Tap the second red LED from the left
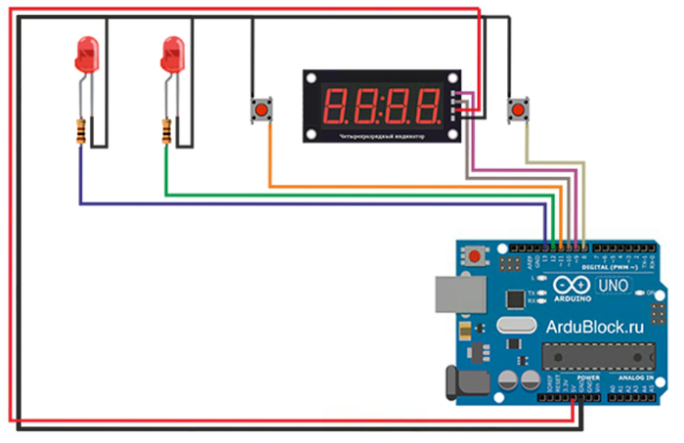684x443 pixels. coord(172,53)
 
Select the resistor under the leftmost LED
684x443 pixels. coord(79,130)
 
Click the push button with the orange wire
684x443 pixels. coord(262,111)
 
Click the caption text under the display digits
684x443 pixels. coord(381,135)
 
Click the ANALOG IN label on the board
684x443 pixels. coord(640,376)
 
